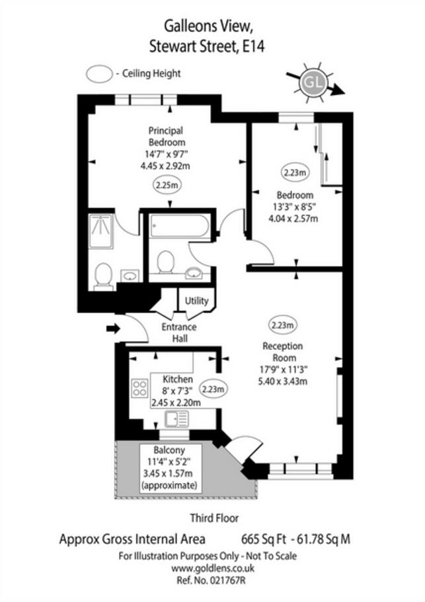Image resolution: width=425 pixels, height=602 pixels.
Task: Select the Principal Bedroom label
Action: coord(166,136)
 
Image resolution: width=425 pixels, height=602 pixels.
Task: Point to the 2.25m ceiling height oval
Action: coord(167,185)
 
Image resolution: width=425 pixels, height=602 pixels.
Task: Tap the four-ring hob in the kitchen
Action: coord(139,387)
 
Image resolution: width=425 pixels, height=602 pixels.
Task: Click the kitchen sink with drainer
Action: coord(176,418)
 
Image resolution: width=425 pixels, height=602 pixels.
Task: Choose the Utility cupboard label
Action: coord(196,301)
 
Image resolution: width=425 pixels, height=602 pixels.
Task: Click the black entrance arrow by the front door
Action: coord(112,327)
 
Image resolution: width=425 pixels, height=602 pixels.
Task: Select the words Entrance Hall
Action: coord(179,333)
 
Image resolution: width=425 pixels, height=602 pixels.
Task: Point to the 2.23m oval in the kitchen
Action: coord(213,389)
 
